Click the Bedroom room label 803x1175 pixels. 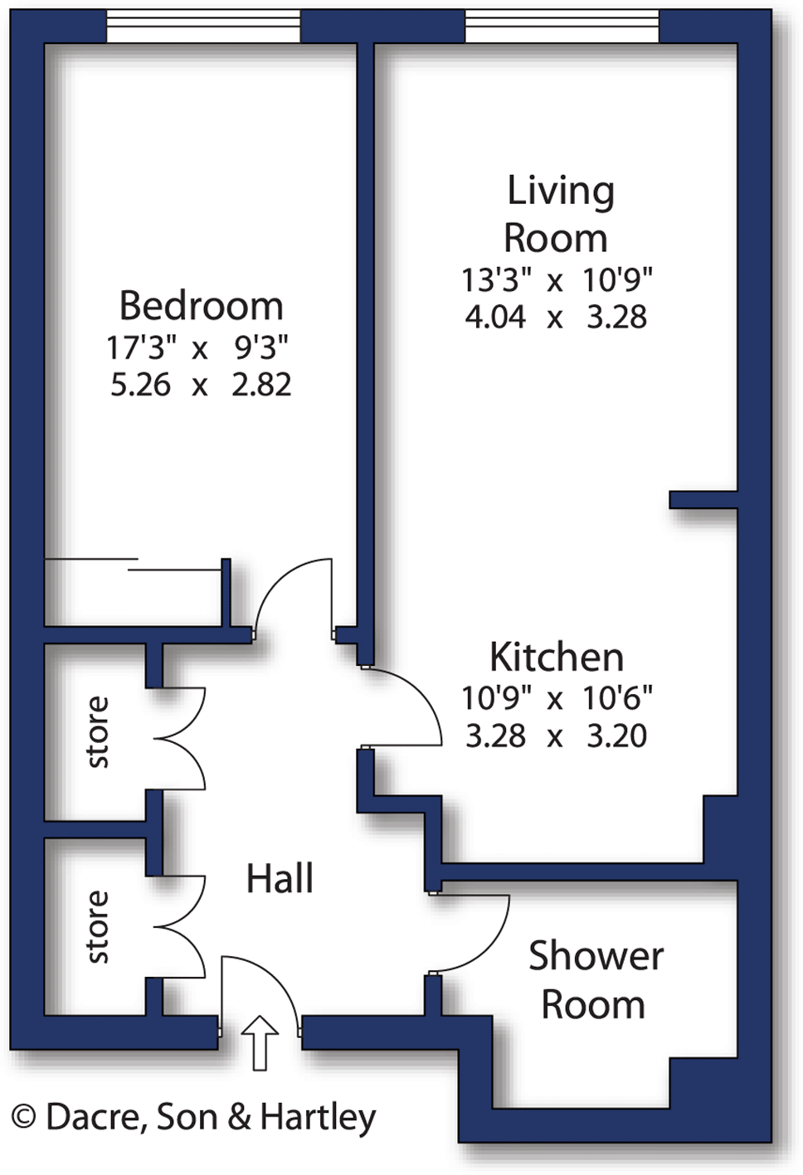pyautogui.click(x=201, y=306)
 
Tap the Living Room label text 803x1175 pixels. pyautogui.click(x=559, y=214)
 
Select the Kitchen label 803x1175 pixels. pyautogui.click(x=557, y=658)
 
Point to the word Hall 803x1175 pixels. pyautogui.click(x=280, y=879)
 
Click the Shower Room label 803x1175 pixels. pyautogui.click(x=595, y=980)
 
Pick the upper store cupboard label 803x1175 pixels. pyautogui.click(x=98, y=732)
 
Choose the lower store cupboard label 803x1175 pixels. pyautogui.click(x=98, y=927)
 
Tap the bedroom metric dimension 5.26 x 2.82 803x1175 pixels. pyautogui.click(x=201, y=385)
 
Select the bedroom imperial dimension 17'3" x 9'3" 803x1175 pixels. pyautogui.click(x=197, y=347)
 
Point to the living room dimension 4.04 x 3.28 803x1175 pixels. pyautogui.click(x=556, y=318)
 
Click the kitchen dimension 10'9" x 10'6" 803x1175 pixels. pyautogui.click(x=557, y=698)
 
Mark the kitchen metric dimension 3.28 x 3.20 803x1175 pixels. pyautogui.click(x=556, y=736)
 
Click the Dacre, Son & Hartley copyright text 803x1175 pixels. pyautogui.click(x=194, y=1118)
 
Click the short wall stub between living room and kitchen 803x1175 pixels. pyautogui.click(x=703, y=499)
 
